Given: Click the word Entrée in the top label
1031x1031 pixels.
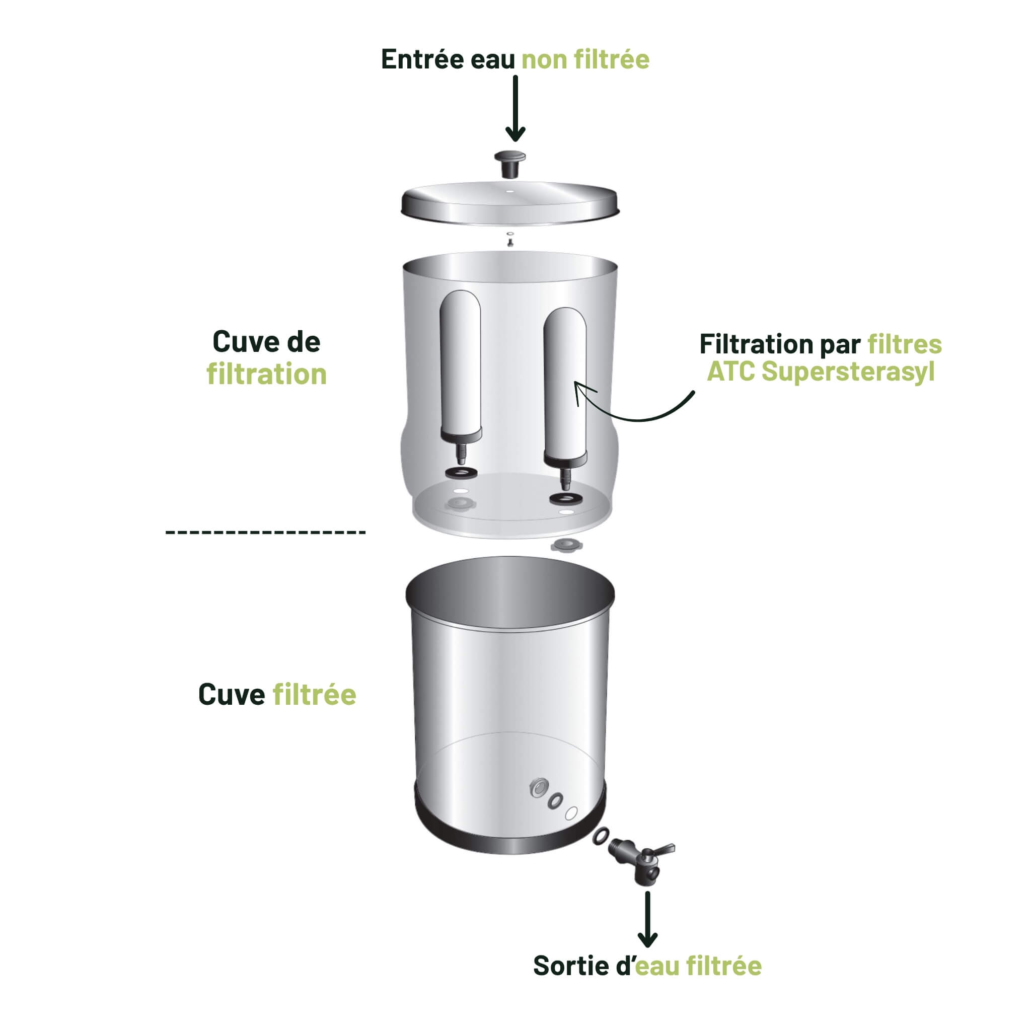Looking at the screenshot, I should click(422, 59).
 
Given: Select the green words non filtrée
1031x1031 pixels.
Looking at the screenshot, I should click(585, 59).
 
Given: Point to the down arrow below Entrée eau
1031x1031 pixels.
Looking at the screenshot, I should click(515, 109).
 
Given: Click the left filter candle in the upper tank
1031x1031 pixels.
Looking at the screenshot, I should click(460, 363).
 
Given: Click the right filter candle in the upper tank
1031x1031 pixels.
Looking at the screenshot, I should click(565, 382).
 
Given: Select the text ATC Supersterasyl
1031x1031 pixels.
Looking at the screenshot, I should click(820, 372).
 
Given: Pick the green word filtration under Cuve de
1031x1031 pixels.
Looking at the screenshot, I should click(266, 375).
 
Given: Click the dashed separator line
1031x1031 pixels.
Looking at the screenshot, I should click(265, 532).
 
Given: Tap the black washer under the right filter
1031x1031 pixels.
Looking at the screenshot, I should click(566, 499).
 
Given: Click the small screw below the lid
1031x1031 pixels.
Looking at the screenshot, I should click(510, 243).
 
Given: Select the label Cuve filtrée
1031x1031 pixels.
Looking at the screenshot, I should click(277, 695).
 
